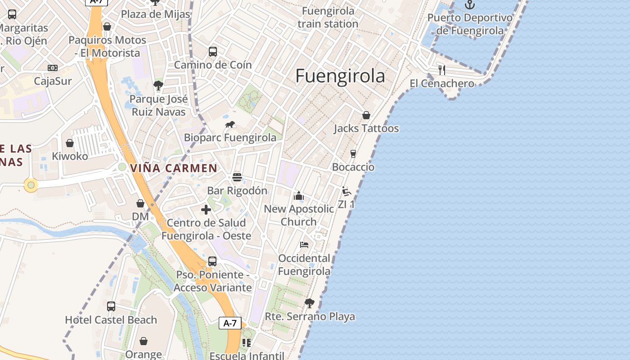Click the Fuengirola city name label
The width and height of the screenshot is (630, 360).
tap(340, 76)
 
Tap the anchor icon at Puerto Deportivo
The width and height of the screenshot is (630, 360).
tap(470, 5)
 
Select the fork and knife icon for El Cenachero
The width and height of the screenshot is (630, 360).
tap(442, 70)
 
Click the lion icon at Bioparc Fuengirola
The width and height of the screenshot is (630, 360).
tap(230, 124)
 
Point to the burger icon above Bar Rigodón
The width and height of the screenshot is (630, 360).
tap(237, 177)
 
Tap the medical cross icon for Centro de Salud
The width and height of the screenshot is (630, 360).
tap(206, 210)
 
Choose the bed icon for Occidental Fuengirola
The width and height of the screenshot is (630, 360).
tap(304, 245)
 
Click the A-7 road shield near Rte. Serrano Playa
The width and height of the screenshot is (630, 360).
tap(230, 323)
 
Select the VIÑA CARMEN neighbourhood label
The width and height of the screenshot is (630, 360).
tap(174, 168)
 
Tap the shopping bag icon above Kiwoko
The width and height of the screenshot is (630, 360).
tap(70, 143)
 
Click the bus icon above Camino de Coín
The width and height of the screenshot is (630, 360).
tap(213, 52)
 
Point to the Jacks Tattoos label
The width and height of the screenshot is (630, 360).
tap(366, 129)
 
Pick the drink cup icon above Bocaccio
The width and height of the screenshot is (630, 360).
tap(353, 154)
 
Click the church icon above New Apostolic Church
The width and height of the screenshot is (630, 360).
tap(299, 196)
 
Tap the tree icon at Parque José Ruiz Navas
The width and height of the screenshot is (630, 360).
tap(158, 85)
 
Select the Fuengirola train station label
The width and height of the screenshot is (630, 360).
tap(328, 17)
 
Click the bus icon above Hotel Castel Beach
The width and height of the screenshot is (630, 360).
tap(111, 306)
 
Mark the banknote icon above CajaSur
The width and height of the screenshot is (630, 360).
tap(53, 68)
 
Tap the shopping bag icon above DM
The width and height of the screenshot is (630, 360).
tap(140, 203)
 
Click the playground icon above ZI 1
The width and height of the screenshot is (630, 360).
tap(346, 191)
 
